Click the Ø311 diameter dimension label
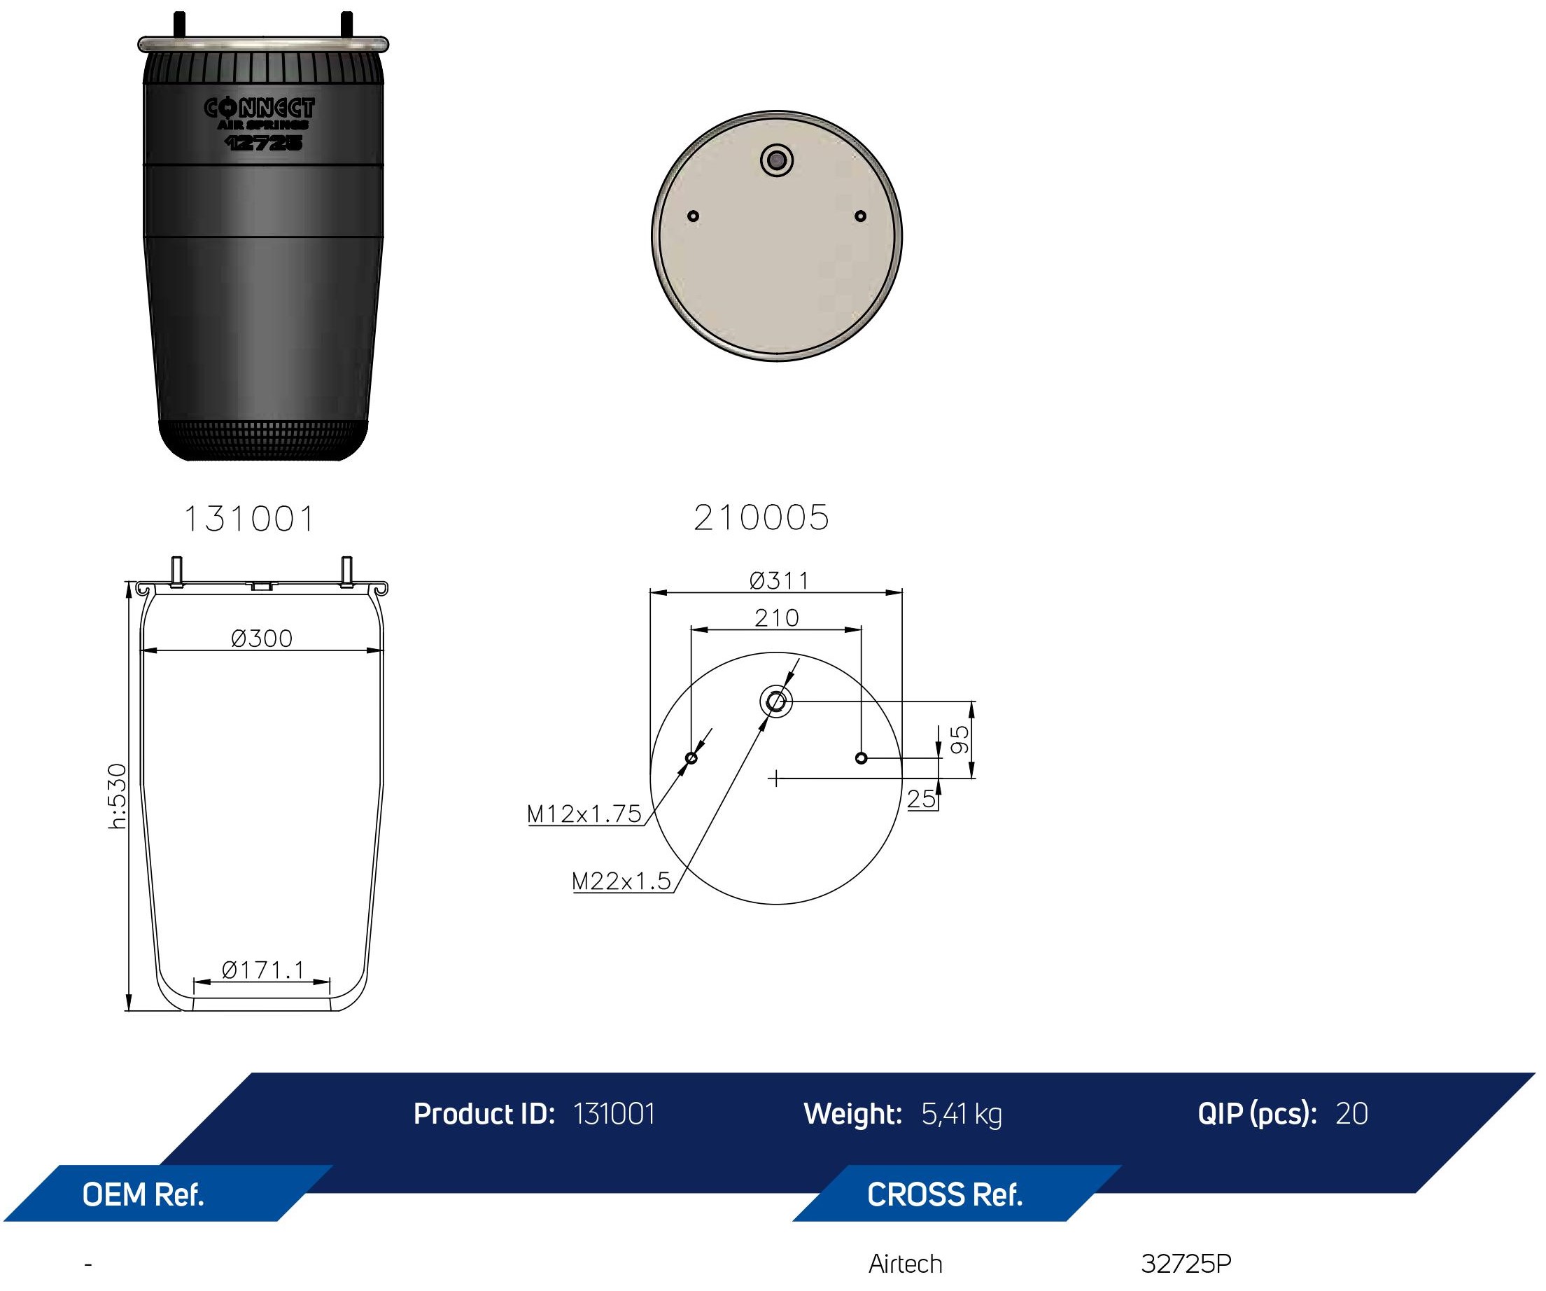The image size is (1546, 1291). click(779, 581)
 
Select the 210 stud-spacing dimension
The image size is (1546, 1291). click(776, 618)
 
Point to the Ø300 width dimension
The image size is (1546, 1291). click(261, 638)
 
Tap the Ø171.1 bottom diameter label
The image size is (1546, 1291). click(262, 970)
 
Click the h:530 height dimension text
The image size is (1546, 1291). click(118, 796)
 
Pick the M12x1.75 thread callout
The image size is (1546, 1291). click(584, 814)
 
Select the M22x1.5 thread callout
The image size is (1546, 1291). click(621, 881)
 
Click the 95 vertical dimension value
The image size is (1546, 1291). click(960, 739)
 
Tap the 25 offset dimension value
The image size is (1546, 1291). click(920, 799)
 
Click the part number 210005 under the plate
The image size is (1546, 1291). click(761, 517)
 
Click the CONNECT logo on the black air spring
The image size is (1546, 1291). click(259, 109)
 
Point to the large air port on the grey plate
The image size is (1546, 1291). click(776, 160)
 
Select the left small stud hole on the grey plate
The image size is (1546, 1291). click(692, 216)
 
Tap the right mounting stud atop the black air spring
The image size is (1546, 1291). click(346, 25)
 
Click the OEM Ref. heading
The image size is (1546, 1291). click(143, 1194)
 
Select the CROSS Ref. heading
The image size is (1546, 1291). click(945, 1194)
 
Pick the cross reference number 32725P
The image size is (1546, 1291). click(1186, 1264)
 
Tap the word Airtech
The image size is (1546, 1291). click(905, 1264)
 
